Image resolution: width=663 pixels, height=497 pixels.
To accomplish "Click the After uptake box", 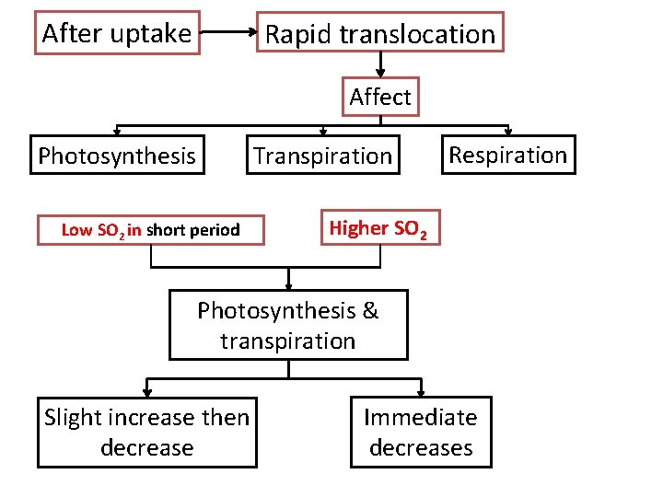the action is coord(117,32).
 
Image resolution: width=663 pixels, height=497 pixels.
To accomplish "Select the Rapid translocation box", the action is coord(380,32).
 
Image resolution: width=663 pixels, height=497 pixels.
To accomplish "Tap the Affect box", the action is coord(380,97).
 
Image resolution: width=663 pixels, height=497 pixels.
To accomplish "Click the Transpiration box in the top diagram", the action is coord(323,155).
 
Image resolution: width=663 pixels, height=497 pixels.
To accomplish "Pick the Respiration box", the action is coord(508,155).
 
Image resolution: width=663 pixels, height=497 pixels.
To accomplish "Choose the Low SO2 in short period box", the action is coord(151,230).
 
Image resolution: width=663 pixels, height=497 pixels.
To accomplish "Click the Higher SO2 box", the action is coord(380,227).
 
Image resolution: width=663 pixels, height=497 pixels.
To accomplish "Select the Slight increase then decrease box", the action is coord(147,433).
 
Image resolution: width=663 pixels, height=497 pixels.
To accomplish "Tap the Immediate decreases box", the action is coord(421,432).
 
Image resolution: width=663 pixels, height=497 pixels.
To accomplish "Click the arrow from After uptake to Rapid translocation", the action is coord(228,31).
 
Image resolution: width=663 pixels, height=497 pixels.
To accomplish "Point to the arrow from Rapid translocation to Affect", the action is coord(380,64).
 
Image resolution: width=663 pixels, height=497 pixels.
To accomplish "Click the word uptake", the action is coord(151,34).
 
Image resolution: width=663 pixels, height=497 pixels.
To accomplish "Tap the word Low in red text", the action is coord(76,230).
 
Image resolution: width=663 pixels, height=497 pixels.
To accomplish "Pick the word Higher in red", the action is coord(358,228).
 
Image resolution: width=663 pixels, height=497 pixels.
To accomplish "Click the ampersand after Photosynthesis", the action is coord(370,310).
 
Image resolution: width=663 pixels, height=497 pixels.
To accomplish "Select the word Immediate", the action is coord(421,418).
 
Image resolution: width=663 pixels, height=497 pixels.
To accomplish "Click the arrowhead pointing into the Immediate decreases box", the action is coord(421,392).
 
